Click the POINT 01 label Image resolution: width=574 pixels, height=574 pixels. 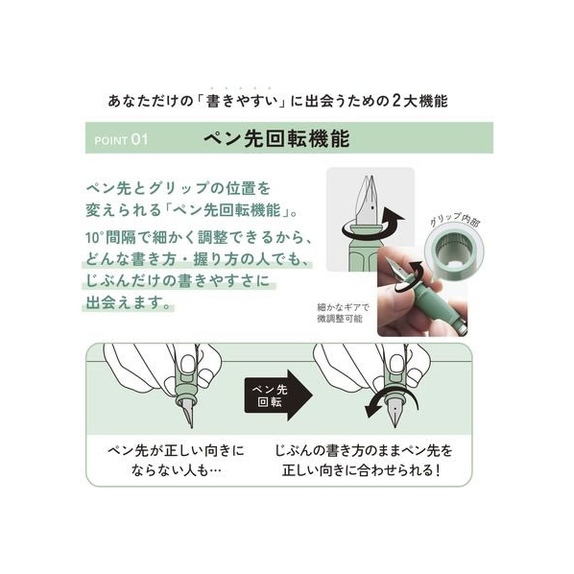pos(121,140)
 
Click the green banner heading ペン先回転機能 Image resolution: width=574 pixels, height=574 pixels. pos(276,138)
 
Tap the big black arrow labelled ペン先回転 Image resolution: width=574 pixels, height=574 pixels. pos(279,395)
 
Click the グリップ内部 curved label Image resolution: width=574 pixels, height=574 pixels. pos(454,219)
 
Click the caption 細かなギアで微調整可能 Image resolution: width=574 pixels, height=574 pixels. pos(343,313)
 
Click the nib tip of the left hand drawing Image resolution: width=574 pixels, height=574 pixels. pos(191,426)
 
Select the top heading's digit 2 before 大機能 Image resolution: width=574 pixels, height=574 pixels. pos(396,101)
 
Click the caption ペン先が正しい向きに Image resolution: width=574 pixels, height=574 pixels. pos(176,450)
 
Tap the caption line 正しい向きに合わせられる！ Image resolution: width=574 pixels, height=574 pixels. pos(361,470)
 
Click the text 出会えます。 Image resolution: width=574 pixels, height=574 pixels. pos(129,302)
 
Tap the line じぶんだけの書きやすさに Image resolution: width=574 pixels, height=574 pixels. pos(178,281)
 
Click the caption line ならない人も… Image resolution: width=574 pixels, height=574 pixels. pos(176,470)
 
